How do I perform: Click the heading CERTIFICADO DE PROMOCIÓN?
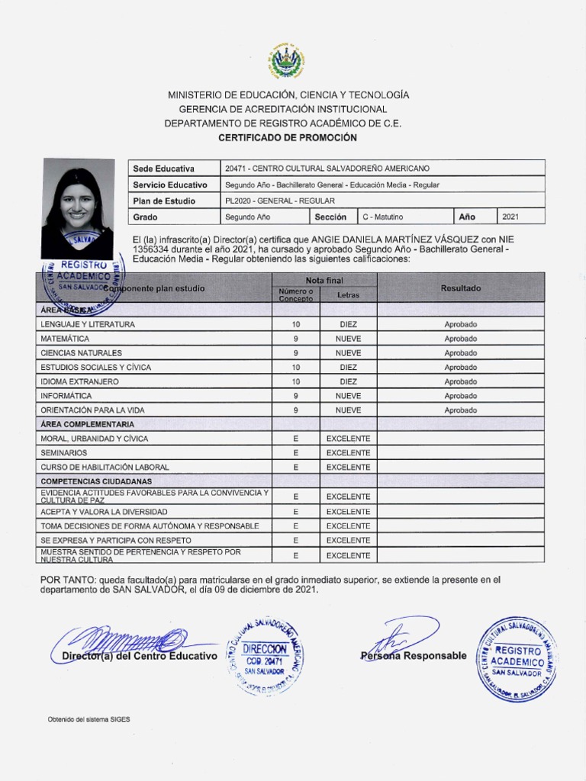click(288, 137)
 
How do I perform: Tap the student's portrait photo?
click(77, 207)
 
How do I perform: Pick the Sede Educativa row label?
click(163, 169)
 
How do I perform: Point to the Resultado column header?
click(460, 288)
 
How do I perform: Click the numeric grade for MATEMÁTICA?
click(295, 339)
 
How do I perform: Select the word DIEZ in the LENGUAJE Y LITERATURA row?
click(348, 324)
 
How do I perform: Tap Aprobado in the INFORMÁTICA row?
click(460, 396)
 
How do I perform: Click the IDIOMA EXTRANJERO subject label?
click(79, 381)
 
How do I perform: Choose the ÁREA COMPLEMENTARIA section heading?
click(88, 424)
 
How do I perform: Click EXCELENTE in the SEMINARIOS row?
click(348, 452)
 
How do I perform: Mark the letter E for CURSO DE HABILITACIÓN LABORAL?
click(295, 467)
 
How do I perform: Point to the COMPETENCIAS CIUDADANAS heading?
click(96, 481)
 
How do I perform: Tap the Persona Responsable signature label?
click(413, 656)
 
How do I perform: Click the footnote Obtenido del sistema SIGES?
click(83, 719)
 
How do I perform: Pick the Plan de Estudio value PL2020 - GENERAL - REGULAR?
click(275, 201)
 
